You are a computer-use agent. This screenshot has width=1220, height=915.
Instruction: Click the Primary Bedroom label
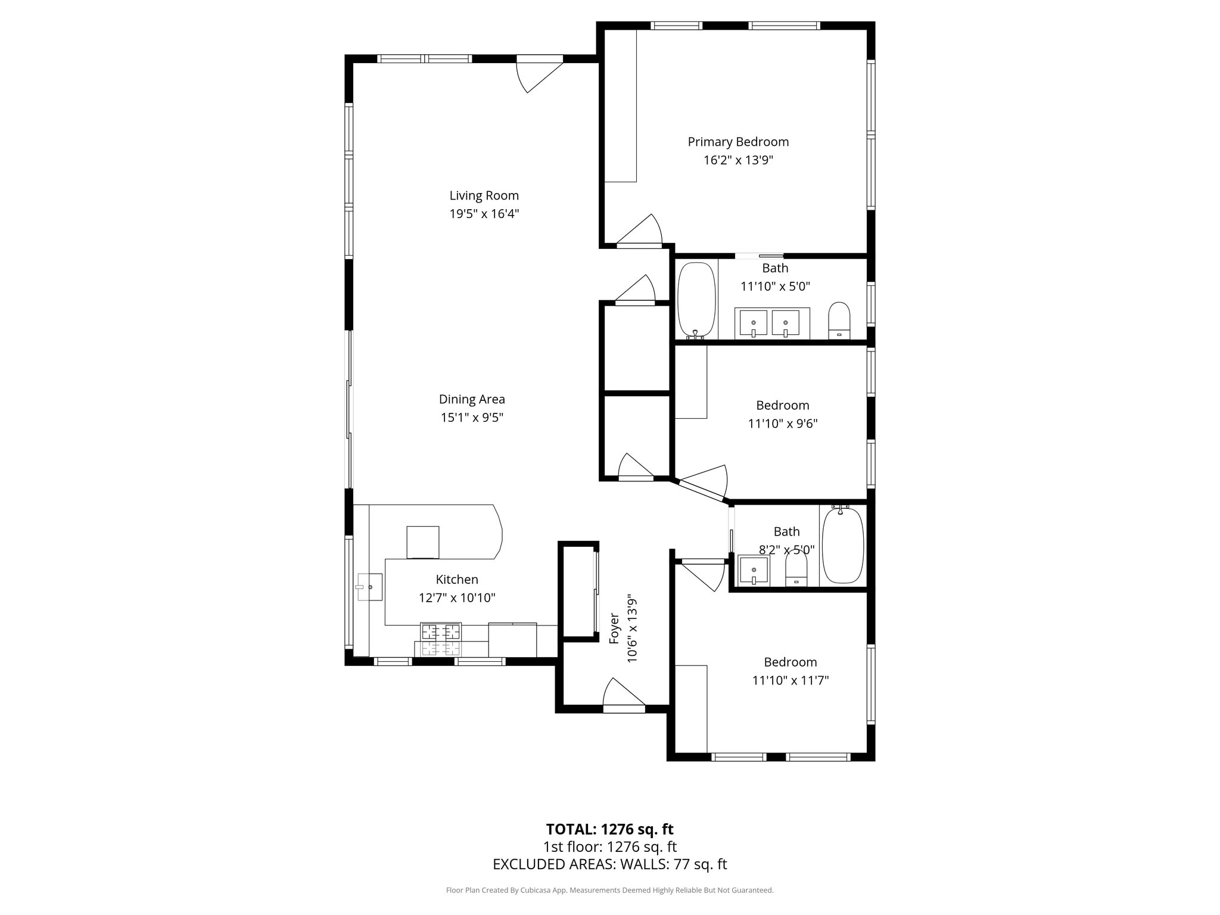pyautogui.click(x=738, y=142)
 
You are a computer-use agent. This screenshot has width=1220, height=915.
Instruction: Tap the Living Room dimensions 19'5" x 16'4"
pyautogui.click(x=484, y=214)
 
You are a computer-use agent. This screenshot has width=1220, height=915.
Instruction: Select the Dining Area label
pyautogui.click(x=472, y=399)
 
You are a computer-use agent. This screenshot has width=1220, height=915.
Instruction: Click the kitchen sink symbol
pyautogui.click(x=369, y=587)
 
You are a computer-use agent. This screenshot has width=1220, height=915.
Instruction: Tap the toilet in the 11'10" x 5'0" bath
pyautogui.click(x=839, y=320)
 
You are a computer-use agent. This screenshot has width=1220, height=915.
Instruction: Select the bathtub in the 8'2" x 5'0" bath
pyautogui.click(x=842, y=545)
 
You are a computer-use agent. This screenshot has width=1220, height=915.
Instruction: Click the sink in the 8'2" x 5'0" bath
pyautogui.click(x=754, y=571)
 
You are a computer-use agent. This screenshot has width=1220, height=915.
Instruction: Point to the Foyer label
pyautogui.click(x=614, y=629)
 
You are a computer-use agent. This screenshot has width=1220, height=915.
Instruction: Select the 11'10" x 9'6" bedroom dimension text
pyautogui.click(x=783, y=424)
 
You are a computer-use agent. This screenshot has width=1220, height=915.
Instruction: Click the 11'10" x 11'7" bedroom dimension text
pyautogui.click(x=790, y=680)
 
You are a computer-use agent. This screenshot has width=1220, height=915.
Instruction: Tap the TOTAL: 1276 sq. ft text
pyautogui.click(x=609, y=829)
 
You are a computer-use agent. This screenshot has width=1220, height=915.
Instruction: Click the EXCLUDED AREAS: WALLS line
pyautogui.click(x=609, y=864)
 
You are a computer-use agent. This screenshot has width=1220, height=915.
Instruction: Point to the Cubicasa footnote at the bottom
pyautogui.click(x=609, y=890)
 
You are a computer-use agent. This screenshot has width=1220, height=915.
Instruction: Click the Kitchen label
pyautogui.click(x=457, y=579)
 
